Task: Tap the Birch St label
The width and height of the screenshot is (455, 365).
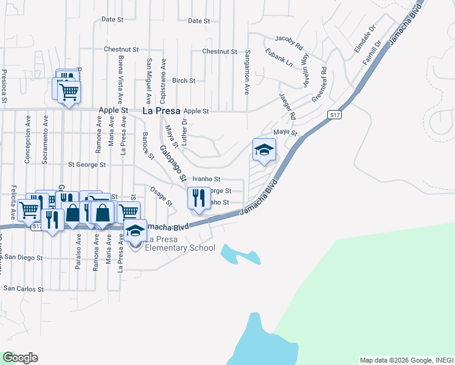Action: (x=183, y=80)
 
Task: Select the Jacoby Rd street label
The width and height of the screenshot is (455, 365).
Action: (x=288, y=41)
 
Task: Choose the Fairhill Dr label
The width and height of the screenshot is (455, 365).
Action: (x=371, y=52)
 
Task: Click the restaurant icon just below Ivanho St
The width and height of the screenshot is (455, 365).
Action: (x=199, y=198)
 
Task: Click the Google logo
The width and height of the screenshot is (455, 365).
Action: (x=19, y=358)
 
